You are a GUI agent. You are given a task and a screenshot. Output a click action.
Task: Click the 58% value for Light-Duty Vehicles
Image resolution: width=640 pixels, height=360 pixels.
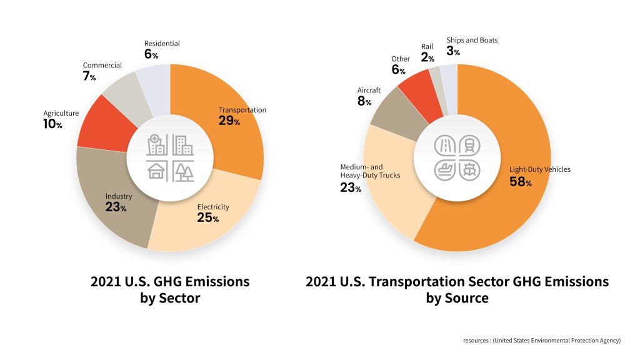pos(521,182)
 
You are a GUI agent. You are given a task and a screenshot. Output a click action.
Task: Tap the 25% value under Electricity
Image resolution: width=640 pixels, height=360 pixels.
pos(207,217)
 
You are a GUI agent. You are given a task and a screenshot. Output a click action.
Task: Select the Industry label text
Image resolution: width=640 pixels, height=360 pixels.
pos(119,196)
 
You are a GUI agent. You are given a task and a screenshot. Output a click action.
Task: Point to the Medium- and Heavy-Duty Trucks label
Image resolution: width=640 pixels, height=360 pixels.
pos(370,171)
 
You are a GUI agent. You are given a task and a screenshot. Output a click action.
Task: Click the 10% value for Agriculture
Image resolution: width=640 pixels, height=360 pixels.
pos(52,124)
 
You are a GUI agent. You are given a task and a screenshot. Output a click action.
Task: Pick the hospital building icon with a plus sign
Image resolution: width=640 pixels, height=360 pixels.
pos(157,145)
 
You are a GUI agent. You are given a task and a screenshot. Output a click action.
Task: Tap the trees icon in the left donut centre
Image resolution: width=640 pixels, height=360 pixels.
pos(183,171)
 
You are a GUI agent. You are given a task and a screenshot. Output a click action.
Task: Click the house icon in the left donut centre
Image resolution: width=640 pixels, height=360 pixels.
pos(157,171)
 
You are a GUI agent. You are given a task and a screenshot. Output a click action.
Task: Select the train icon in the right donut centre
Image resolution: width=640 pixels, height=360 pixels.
pos(470,145)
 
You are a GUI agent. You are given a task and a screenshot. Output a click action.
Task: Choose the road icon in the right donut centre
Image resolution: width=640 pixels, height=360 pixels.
pos(444,145)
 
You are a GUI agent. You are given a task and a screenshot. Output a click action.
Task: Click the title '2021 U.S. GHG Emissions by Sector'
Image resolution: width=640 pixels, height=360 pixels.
pos(170,290)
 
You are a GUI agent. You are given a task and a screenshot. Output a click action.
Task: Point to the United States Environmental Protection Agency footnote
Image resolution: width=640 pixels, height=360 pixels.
pos(542,341)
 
